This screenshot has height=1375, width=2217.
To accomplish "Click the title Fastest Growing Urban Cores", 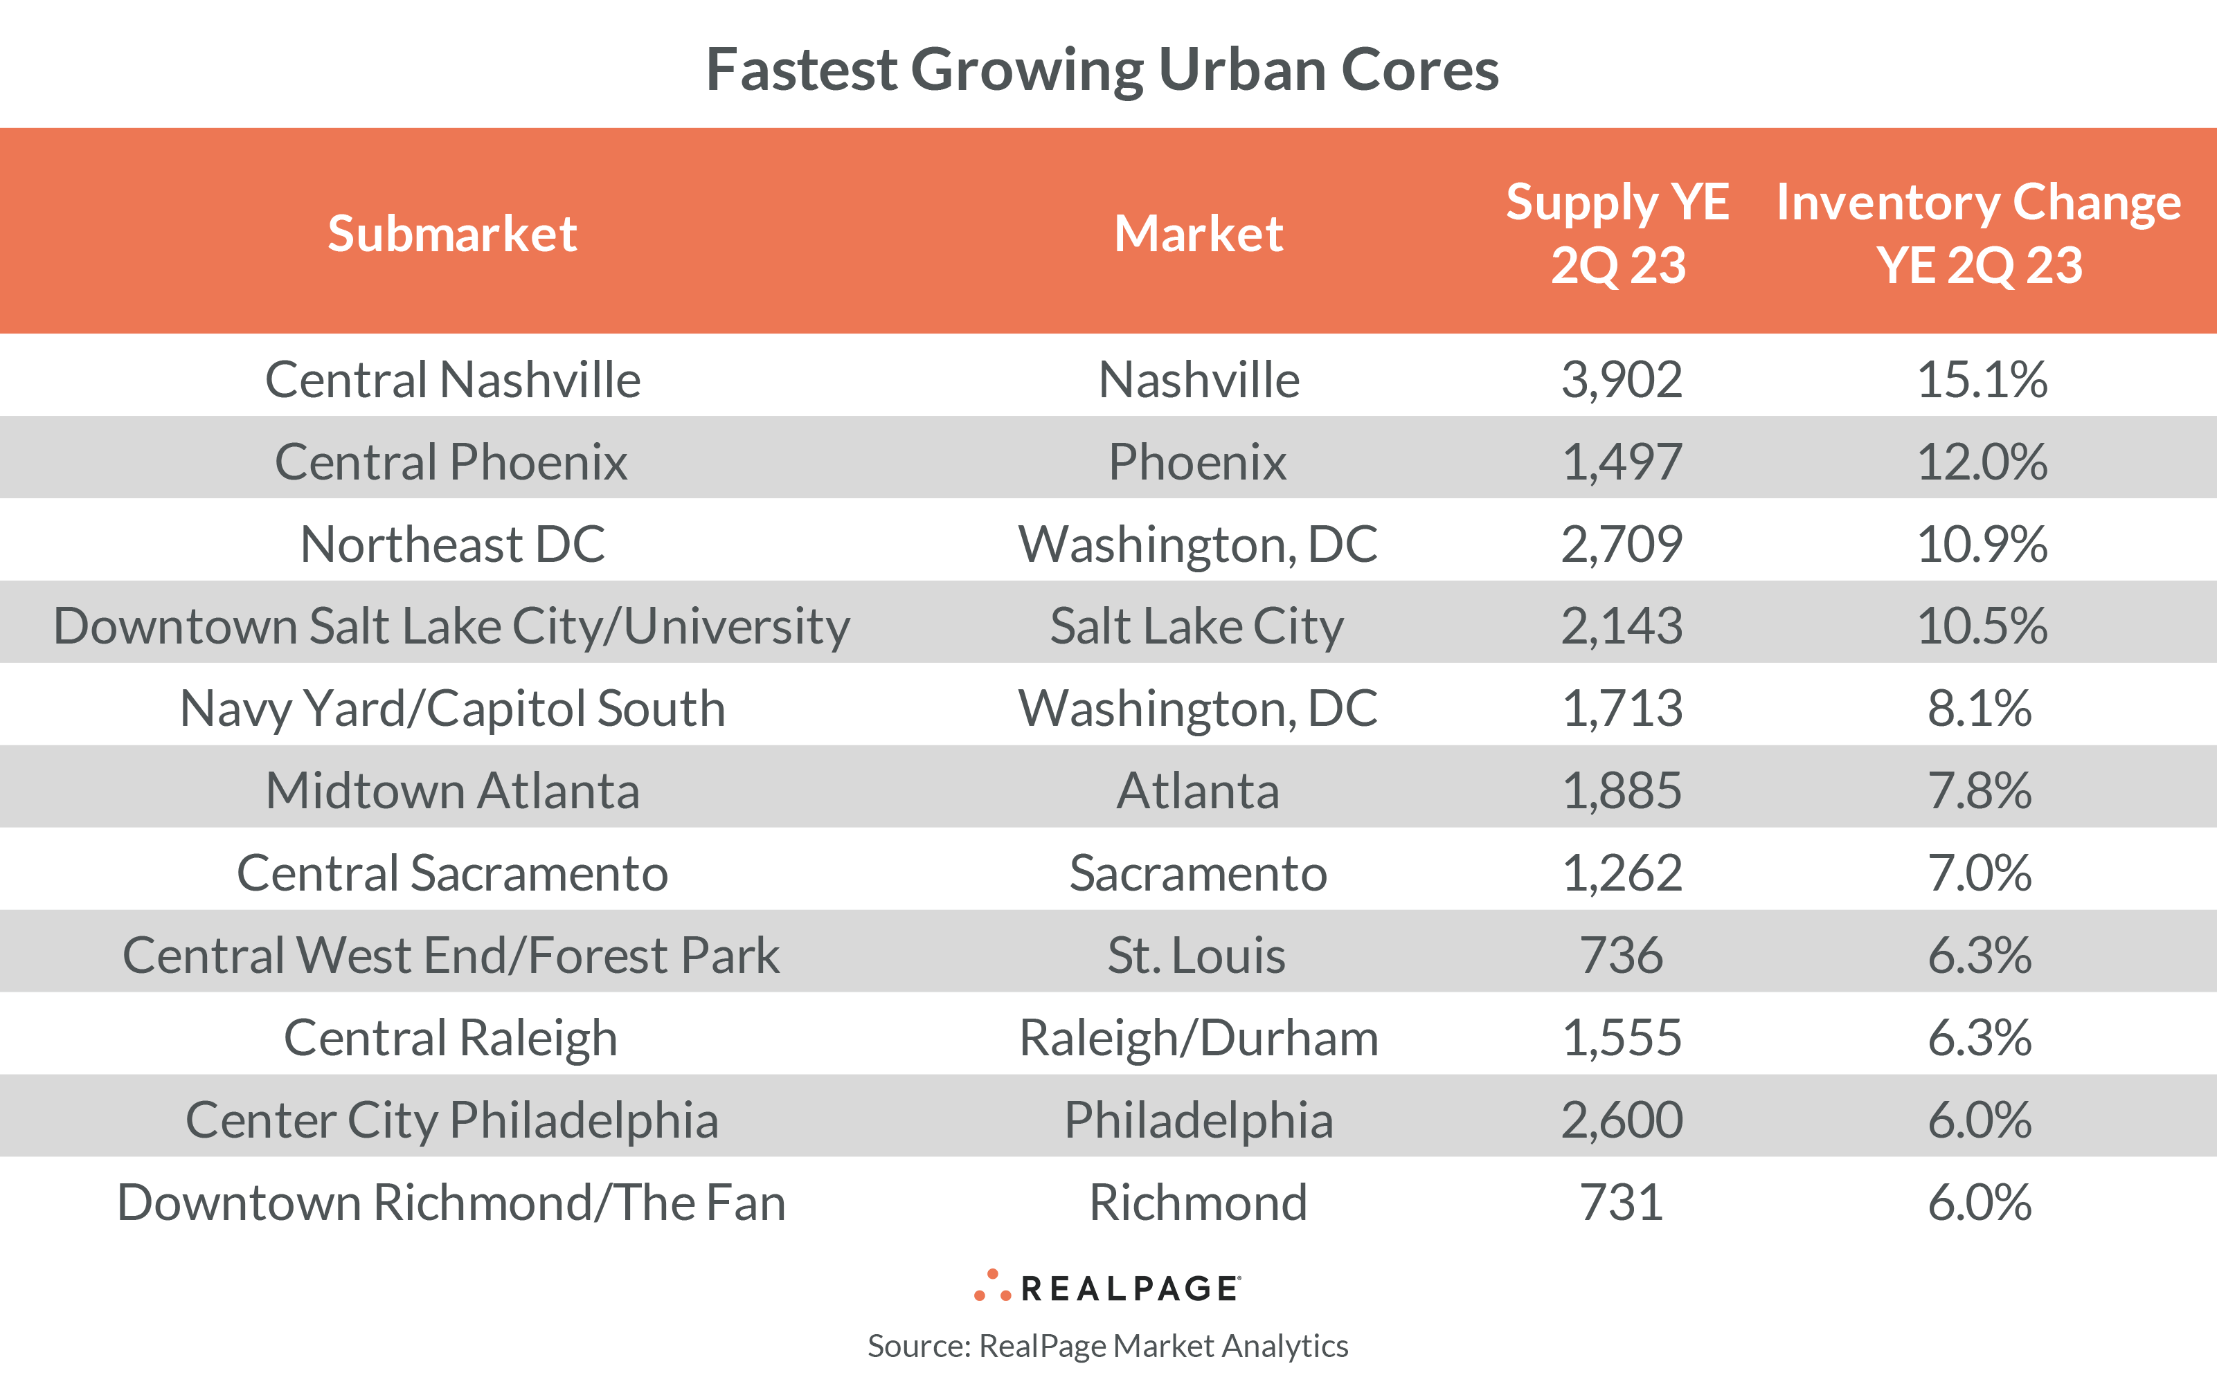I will click(x=1102, y=70).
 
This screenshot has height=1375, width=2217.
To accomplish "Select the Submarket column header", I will click(x=452, y=234).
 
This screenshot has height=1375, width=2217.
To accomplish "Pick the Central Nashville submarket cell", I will click(x=452, y=379).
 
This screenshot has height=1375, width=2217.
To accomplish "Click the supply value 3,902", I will click(x=1621, y=379).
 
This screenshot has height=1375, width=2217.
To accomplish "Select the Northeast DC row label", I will click(x=452, y=544).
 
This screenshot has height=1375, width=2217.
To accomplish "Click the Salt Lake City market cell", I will click(x=1196, y=626).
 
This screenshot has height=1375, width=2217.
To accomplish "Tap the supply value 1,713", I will click(x=1621, y=709).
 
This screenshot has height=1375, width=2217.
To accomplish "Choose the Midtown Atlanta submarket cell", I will click(x=452, y=790).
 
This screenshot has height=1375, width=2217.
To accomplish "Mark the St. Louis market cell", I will click(x=1196, y=955).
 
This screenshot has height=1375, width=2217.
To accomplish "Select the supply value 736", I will click(x=1621, y=955).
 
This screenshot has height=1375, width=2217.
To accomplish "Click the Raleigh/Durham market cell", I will click(x=1198, y=1037).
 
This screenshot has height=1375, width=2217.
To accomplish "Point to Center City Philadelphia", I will click(x=452, y=1120).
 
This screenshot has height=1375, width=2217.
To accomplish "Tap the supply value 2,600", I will click(x=1621, y=1120).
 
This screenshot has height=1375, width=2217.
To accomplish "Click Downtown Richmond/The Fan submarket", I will click(x=452, y=1202).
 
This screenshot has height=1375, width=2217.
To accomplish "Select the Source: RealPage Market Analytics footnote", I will click(x=1107, y=1345).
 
